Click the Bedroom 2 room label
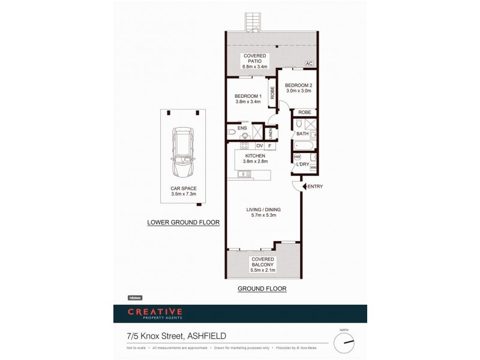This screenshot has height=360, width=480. [298, 88]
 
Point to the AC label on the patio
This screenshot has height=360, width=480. [309, 64]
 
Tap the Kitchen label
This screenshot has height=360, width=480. [254, 158]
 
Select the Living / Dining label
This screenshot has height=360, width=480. [263, 212]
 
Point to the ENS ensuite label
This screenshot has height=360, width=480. [241, 128]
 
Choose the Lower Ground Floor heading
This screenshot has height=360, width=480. [184, 222]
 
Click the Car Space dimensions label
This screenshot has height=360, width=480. [184, 191]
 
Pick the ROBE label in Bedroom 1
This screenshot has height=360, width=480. [272, 93]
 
